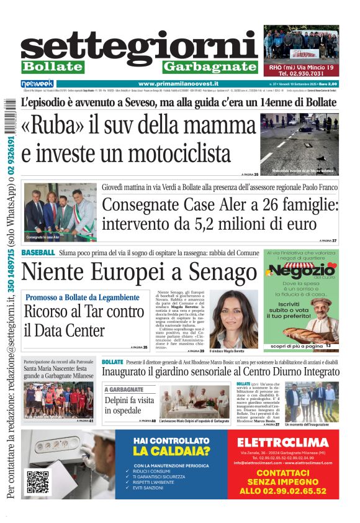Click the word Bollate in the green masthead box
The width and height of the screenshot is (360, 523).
point(52,66)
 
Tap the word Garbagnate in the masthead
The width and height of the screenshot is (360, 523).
point(210,66)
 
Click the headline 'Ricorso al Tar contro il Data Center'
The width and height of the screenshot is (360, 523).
point(84,320)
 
